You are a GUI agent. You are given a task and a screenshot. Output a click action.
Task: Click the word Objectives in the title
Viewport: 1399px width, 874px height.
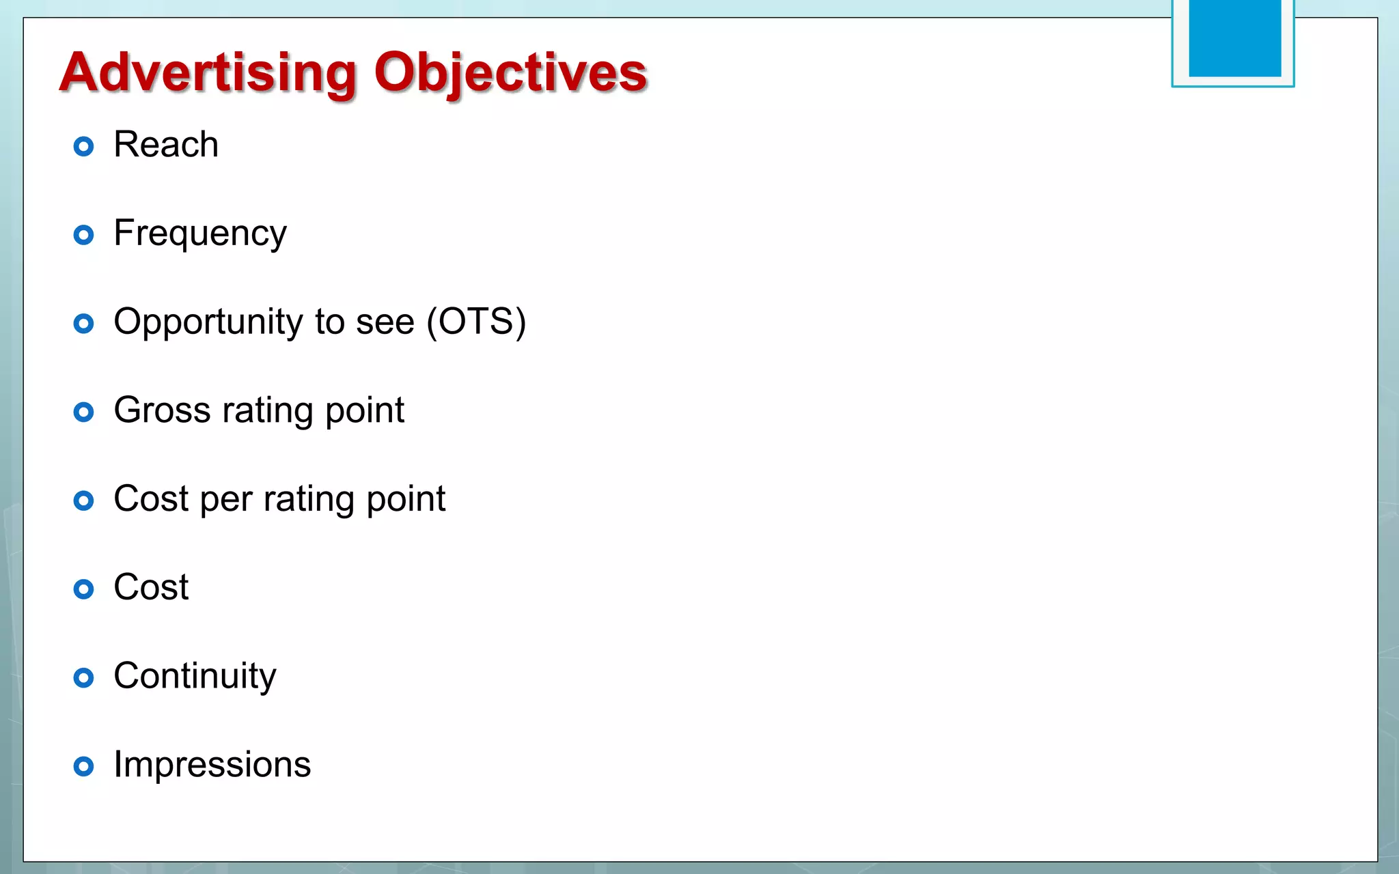click(510, 73)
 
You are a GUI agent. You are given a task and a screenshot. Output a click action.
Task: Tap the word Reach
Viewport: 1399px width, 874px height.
click(166, 145)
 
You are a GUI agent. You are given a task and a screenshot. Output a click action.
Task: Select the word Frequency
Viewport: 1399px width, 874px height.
click(200, 234)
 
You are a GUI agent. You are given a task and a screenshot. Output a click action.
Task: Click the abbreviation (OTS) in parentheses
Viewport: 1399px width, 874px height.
click(476, 322)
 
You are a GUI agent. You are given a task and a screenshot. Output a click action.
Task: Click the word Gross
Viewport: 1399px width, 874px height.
click(162, 410)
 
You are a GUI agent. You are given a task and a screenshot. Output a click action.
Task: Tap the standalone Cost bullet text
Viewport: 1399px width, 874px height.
click(151, 587)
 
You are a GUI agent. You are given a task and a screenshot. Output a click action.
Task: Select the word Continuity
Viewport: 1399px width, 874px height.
click(195, 677)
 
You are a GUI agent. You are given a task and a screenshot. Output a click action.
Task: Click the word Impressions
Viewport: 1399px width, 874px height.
click(212, 764)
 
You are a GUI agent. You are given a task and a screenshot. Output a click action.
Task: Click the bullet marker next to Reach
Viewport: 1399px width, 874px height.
click(83, 146)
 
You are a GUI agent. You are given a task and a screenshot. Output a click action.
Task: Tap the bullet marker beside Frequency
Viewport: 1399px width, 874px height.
click(83, 235)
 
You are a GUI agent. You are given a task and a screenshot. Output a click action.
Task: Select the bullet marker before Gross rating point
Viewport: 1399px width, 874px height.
click(83, 412)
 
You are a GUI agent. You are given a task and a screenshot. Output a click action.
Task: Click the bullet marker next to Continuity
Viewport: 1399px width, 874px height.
click(83, 677)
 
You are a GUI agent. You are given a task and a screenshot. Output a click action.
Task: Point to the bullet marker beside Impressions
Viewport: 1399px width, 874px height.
click(83, 766)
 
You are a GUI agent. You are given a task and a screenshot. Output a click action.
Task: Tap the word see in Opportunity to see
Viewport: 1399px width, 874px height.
click(385, 322)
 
